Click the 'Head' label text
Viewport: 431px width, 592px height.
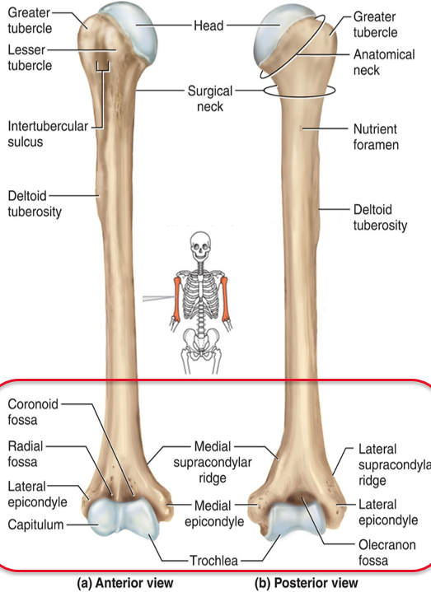click(208, 26)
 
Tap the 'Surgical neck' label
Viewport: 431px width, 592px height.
click(210, 99)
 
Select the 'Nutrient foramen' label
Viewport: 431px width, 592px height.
click(376, 137)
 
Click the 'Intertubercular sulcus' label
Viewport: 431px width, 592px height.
click(48, 133)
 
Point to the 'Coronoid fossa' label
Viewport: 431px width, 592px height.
click(33, 412)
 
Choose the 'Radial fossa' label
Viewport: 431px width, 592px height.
click(26, 454)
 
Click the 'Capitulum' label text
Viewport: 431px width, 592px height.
click(35, 524)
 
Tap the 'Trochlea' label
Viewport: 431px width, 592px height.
click(213, 561)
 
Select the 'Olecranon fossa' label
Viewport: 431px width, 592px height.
click(386, 552)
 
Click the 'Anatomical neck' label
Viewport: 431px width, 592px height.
click(384, 63)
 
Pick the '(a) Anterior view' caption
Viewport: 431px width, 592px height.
click(125, 583)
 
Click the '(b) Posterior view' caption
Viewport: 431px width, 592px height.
click(306, 583)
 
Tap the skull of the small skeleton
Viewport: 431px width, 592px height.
click(200, 246)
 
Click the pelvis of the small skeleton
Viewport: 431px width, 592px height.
click(201, 338)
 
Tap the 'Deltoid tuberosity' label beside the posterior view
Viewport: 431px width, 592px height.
click(380, 217)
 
